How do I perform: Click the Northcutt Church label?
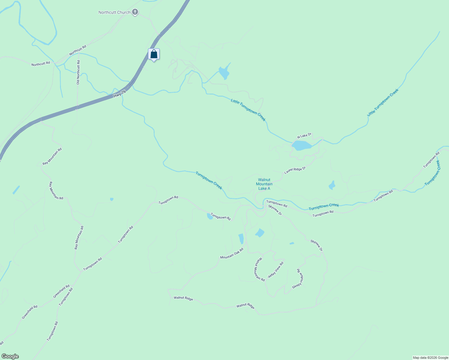[x=114, y=13]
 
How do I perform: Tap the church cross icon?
[x=135, y=12]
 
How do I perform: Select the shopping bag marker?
[x=154, y=54]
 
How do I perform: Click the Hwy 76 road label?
[x=119, y=94]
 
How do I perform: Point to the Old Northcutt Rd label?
[x=78, y=72]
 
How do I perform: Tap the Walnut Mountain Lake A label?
[x=264, y=184]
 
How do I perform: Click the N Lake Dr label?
[x=304, y=136]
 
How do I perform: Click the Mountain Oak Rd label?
[x=232, y=253]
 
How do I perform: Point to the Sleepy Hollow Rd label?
[x=298, y=279]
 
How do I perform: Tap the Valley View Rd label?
[x=276, y=270]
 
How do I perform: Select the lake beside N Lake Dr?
[x=301, y=145]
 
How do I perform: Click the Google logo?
[x=10, y=356]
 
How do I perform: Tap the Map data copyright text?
[x=430, y=358]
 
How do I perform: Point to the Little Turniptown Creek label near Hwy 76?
[x=248, y=110]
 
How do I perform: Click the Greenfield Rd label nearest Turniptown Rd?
[x=61, y=291]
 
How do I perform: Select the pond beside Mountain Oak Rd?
[x=241, y=239]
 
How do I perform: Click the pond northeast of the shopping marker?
[x=224, y=73]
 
